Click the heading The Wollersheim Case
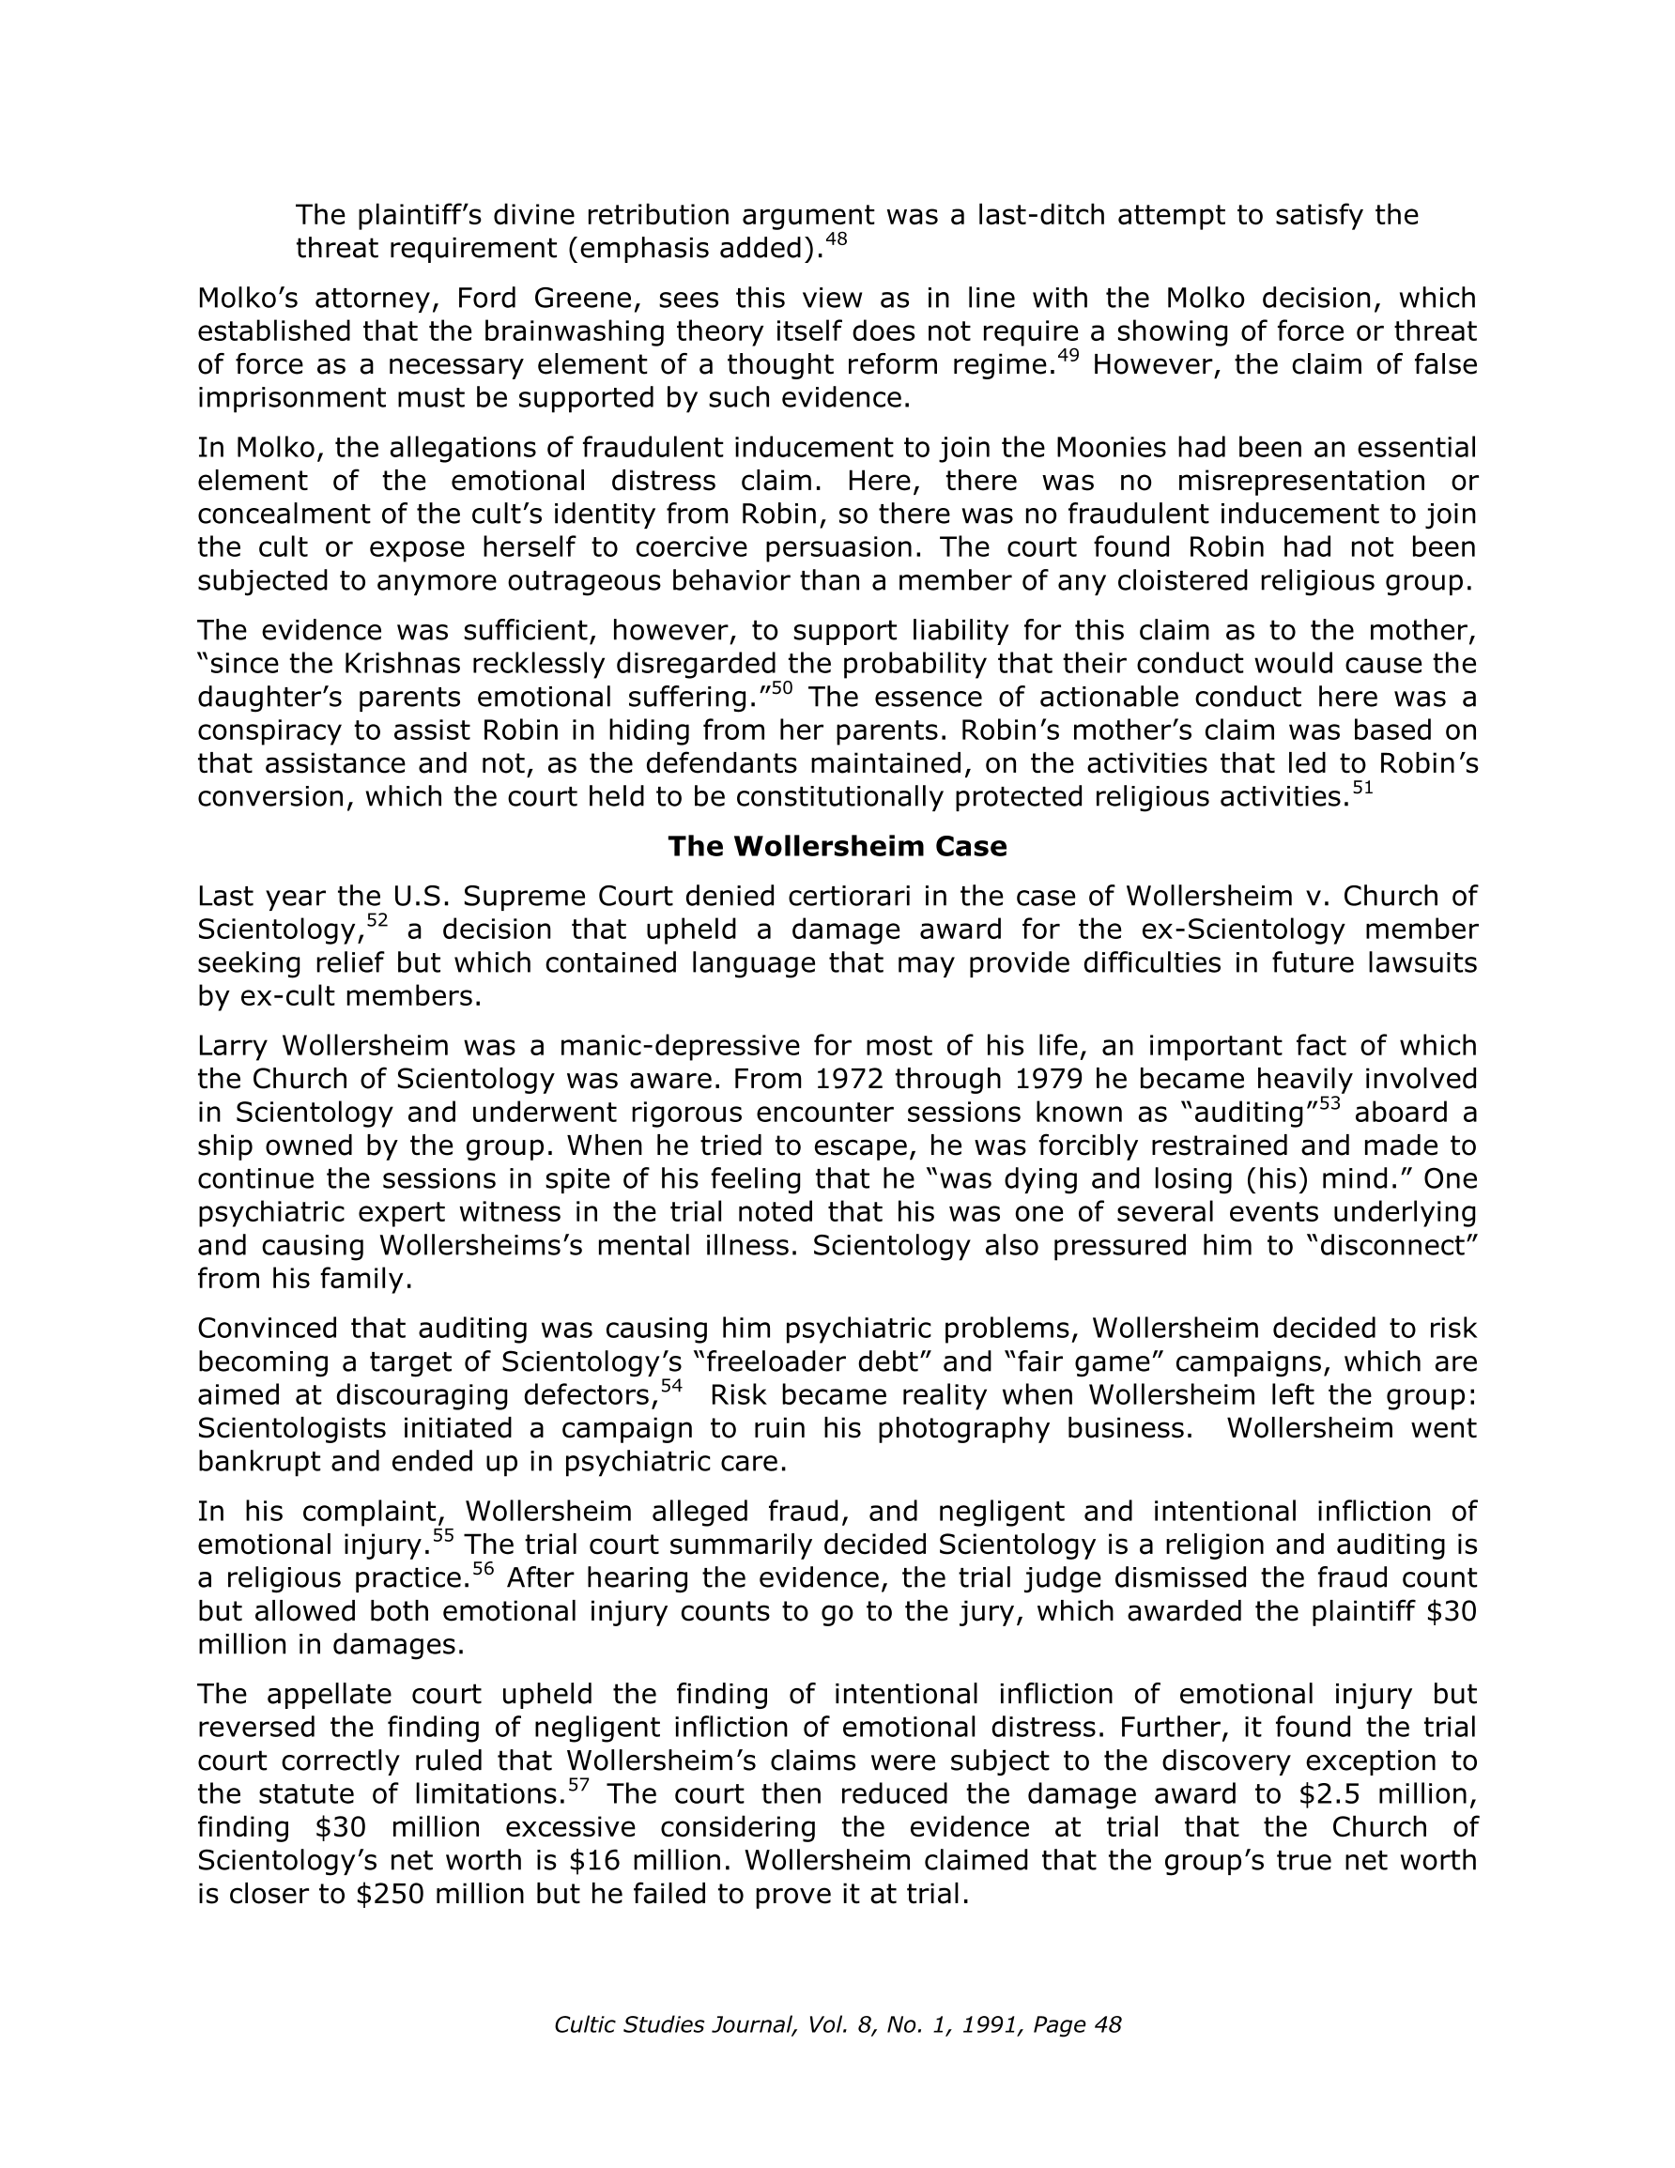click(x=836, y=847)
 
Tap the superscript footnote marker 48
click(x=836, y=239)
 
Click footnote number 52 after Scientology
click(x=377, y=921)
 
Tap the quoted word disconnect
click(x=1395, y=1246)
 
